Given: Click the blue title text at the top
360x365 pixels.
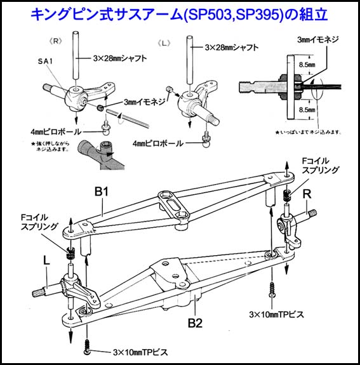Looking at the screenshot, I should (x=180, y=13).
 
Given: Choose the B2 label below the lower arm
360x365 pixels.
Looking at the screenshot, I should (x=195, y=322).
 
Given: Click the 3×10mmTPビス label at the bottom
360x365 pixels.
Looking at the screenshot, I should (x=140, y=351).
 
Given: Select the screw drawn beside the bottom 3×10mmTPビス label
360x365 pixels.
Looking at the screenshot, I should (x=87, y=349).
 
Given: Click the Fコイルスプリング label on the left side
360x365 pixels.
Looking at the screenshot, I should (x=39, y=220).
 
